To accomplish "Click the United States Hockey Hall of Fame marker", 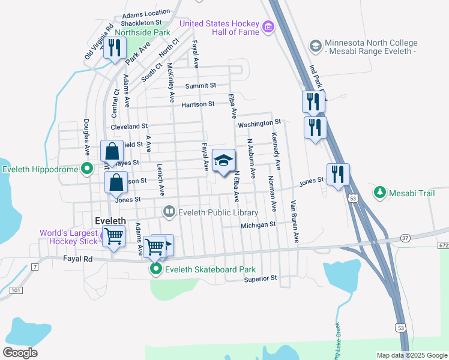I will (x=268, y=26).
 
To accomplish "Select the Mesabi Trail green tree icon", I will (x=379, y=192).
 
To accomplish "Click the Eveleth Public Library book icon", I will (x=170, y=212).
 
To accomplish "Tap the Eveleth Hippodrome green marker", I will (x=86, y=169).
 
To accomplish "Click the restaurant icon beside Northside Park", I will (x=114, y=48).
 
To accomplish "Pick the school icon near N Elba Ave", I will (x=224, y=161).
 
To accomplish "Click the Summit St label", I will (x=200, y=86).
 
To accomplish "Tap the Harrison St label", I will (x=197, y=104).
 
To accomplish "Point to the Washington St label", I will (x=259, y=125).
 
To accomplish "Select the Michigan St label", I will (x=258, y=225).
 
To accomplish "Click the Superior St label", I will (x=261, y=278).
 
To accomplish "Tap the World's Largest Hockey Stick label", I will (x=68, y=237).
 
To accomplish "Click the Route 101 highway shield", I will (x=16, y=290).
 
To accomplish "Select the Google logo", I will (x=21, y=353).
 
